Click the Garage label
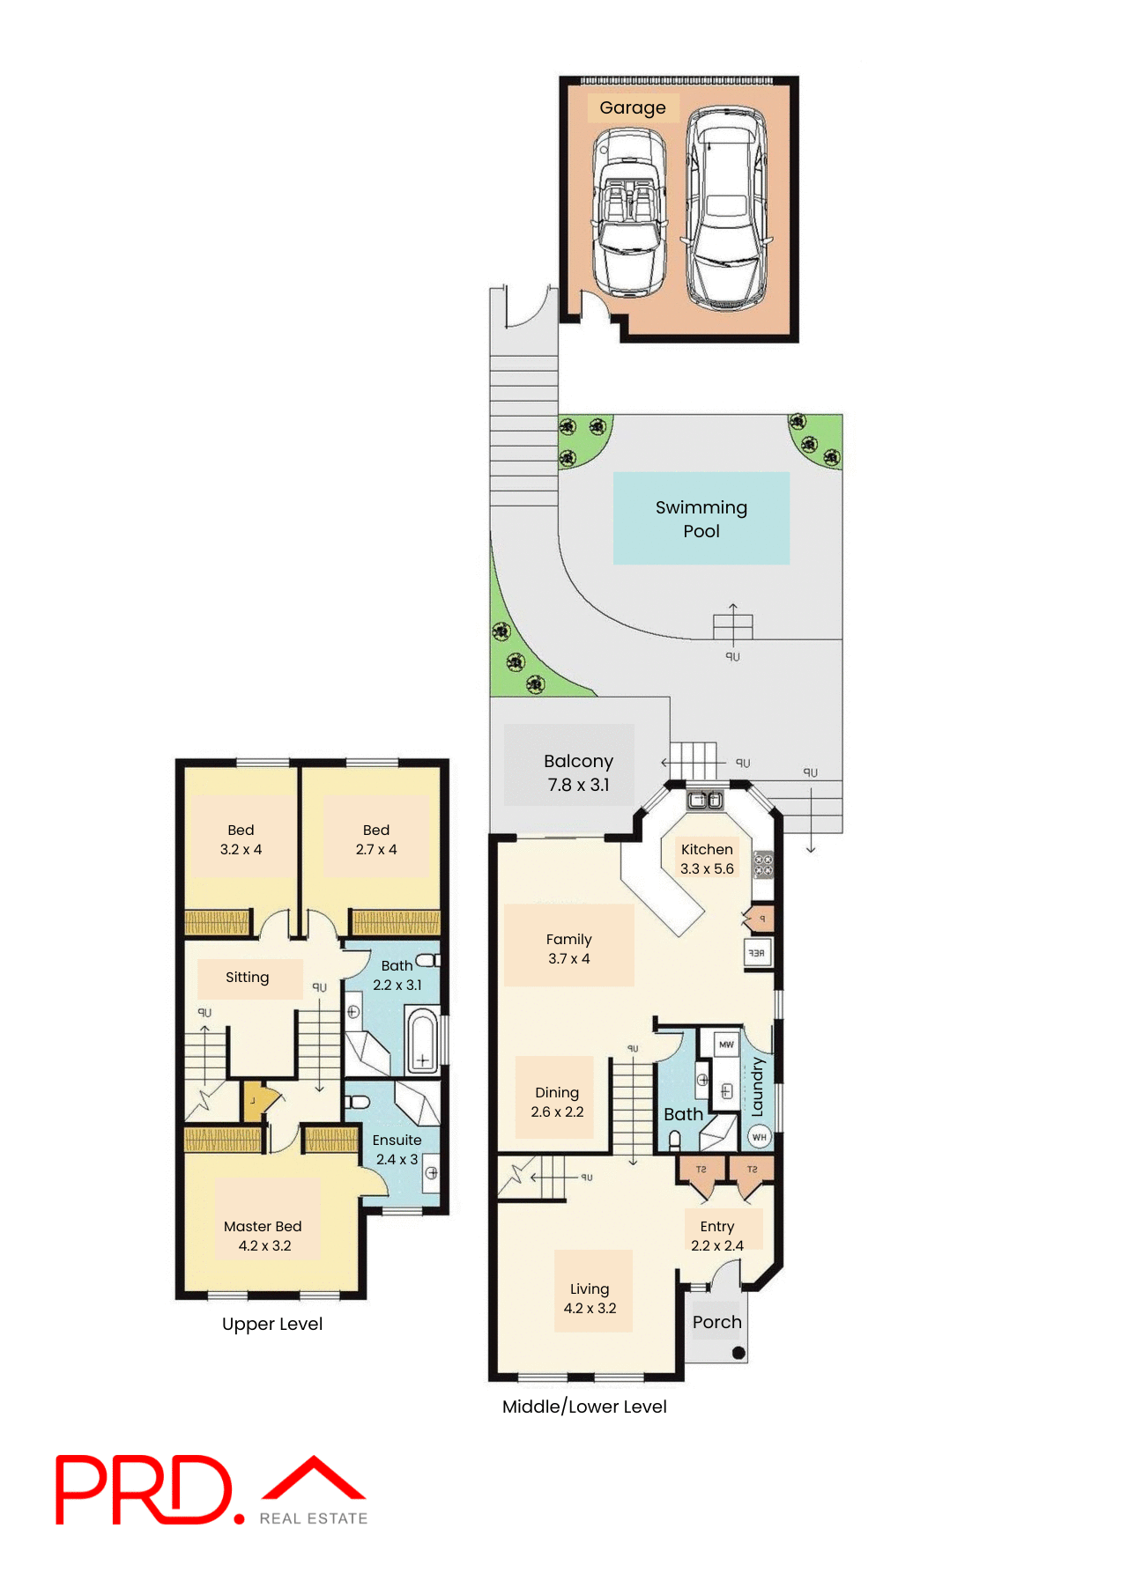click(633, 107)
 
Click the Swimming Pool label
click(701, 519)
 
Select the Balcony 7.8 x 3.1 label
click(578, 772)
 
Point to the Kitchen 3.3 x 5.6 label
click(707, 859)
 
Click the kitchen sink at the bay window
click(705, 800)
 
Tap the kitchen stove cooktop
click(763, 865)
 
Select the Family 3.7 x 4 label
click(568, 949)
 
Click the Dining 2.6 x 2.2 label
click(557, 1102)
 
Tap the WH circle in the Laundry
click(759, 1137)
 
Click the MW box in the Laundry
click(726, 1045)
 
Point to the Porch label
click(716, 1322)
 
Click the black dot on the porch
click(738, 1353)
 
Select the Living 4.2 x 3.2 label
click(590, 1298)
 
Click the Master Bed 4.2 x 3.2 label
click(263, 1236)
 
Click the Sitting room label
click(247, 978)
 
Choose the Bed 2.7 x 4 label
click(376, 839)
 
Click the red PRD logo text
click(145, 1489)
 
